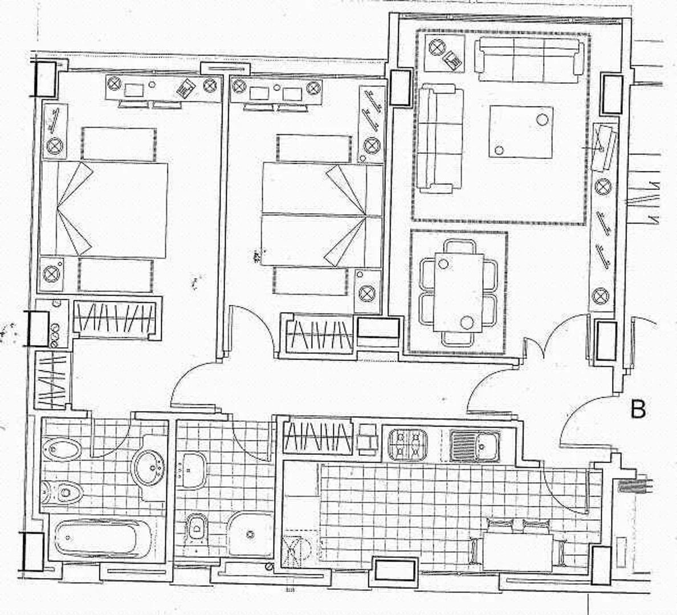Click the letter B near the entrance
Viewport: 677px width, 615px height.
[639, 409]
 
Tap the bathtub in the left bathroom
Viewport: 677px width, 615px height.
[103, 538]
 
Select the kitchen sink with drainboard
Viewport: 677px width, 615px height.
[474, 445]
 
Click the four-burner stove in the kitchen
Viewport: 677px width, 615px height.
[408, 445]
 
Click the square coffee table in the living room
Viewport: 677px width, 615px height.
[521, 132]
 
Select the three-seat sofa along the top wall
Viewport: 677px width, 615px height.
[529, 60]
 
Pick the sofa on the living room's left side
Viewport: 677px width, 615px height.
[439, 138]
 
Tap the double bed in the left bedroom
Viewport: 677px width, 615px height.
[104, 209]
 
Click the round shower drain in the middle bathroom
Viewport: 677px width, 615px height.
[250, 534]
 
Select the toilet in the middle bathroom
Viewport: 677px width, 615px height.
[197, 527]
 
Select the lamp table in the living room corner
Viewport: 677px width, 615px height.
[444, 52]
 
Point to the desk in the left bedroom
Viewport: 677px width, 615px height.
[163, 88]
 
